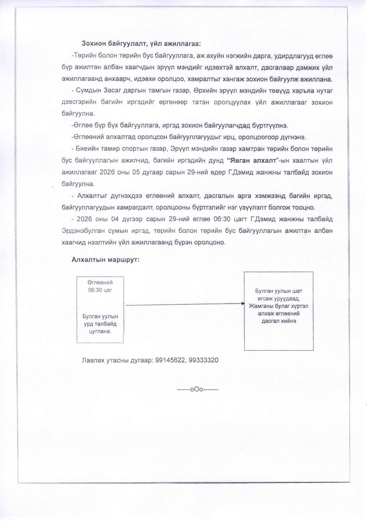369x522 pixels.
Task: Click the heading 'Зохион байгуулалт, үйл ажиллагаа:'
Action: point(141,44)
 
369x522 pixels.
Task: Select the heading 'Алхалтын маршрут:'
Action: point(106,260)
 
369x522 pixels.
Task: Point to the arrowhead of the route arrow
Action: point(243,303)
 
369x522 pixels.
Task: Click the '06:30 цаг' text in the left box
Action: point(100,290)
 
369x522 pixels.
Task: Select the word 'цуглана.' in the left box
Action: point(100,332)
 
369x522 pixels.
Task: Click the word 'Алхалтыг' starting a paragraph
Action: point(92,196)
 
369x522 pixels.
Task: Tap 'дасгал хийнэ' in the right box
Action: point(279,321)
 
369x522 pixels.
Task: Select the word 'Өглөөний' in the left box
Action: point(100,282)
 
